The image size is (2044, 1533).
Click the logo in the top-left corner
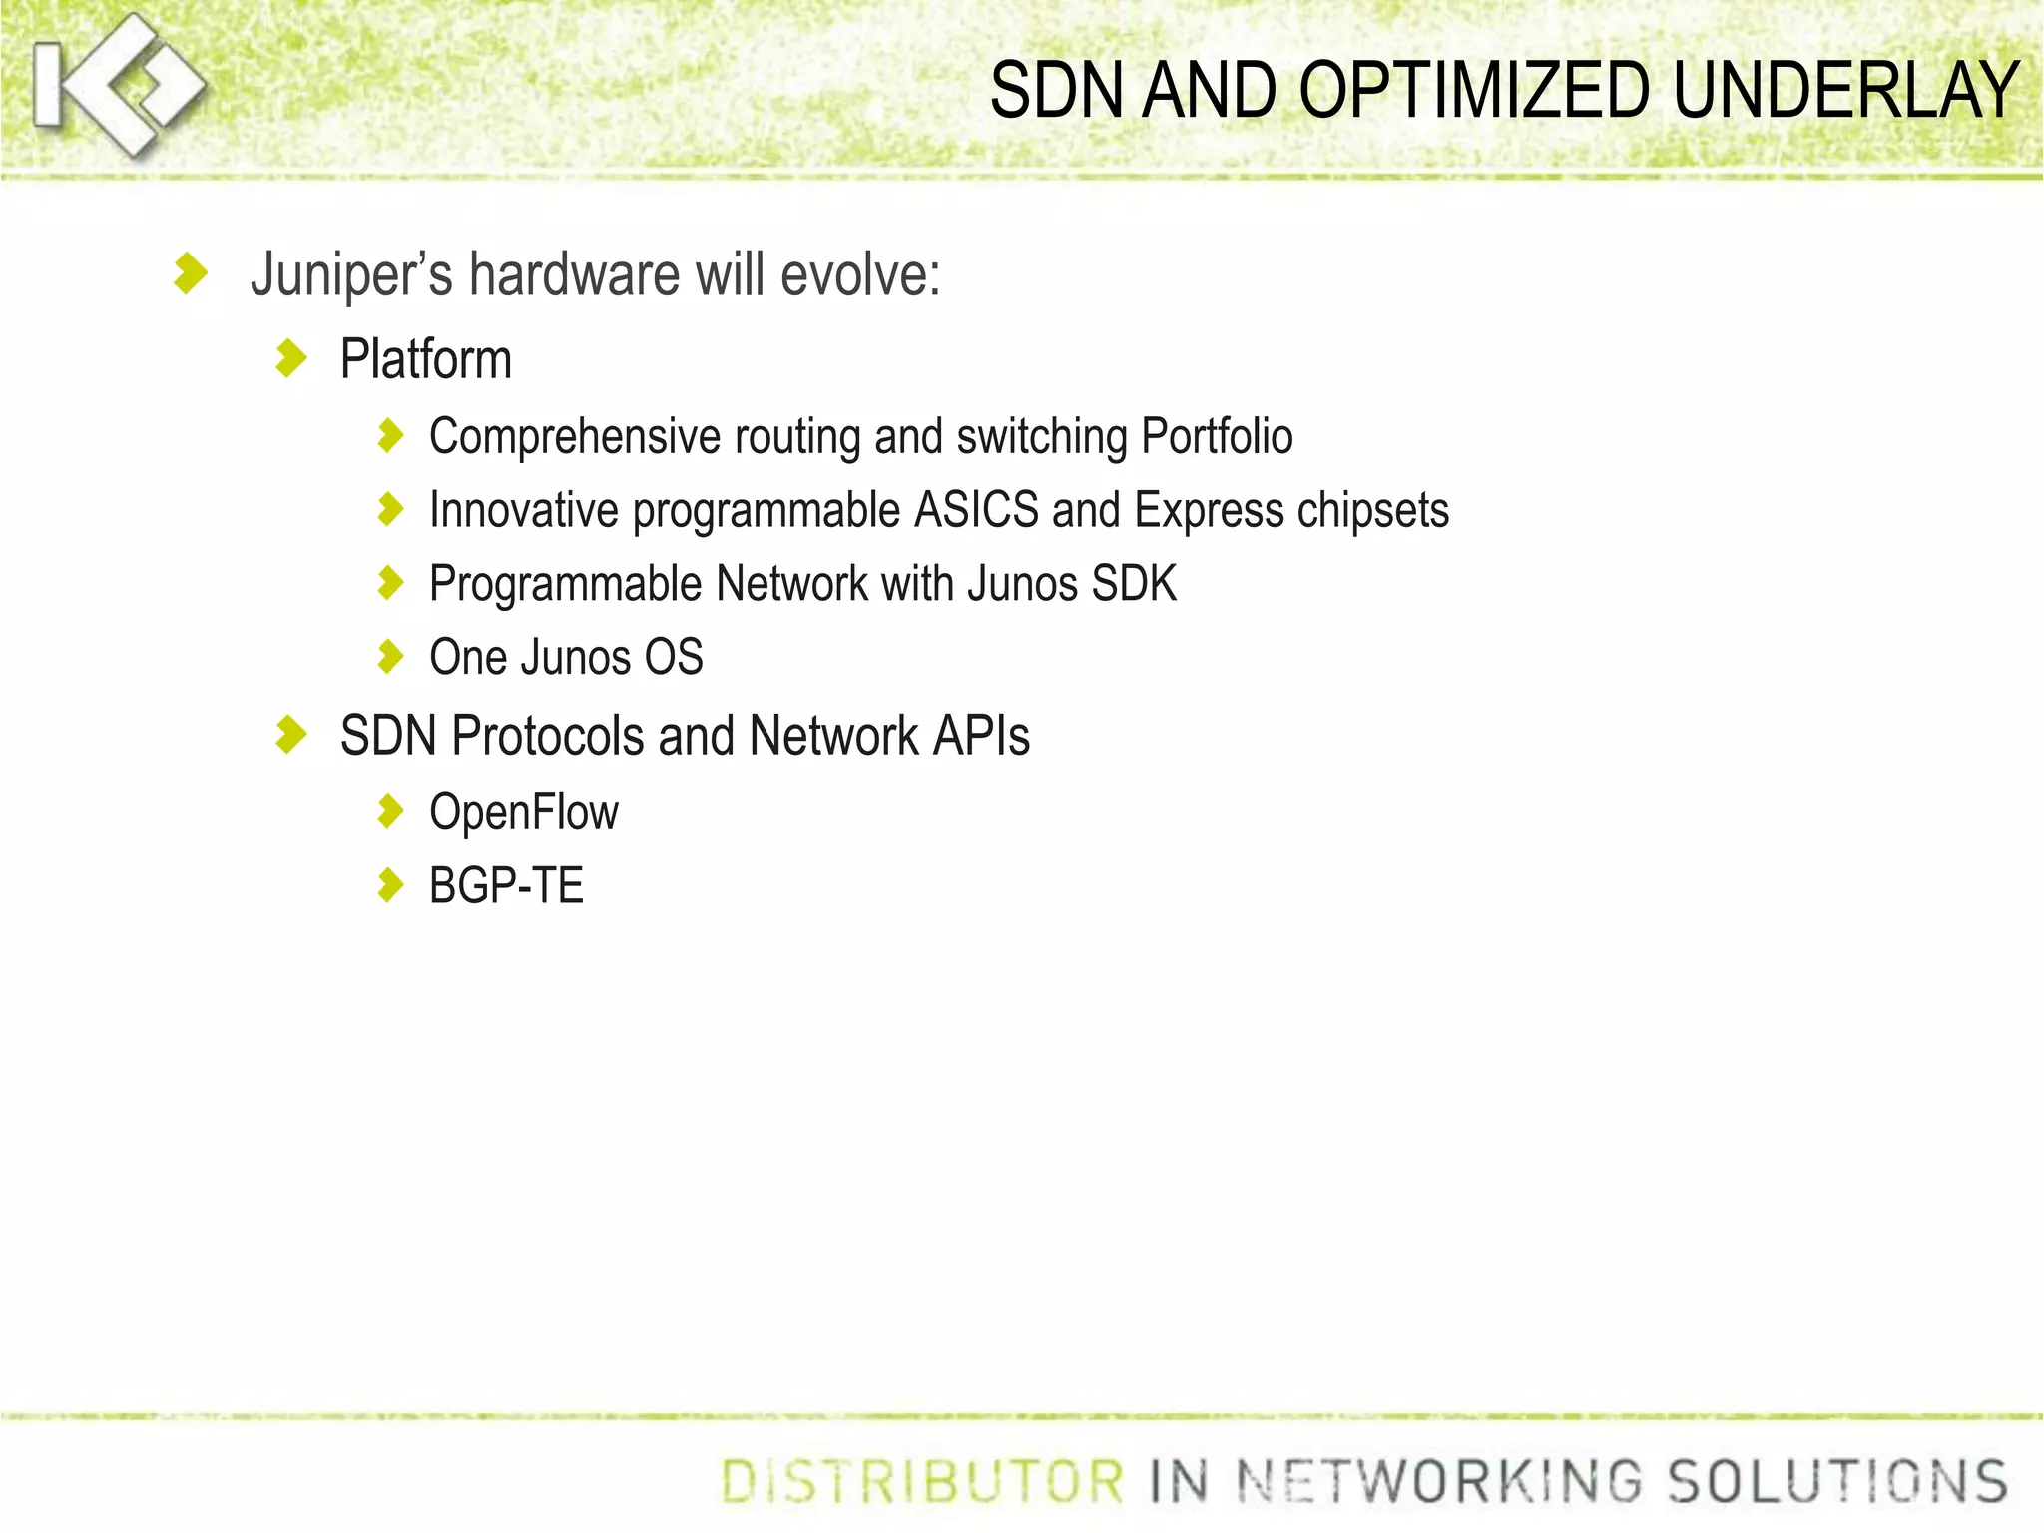(x=118, y=86)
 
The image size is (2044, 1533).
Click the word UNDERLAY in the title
(x=1845, y=91)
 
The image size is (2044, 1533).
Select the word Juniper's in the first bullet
(x=351, y=274)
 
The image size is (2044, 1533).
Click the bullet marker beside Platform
(x=290, y=358)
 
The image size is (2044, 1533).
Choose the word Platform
(x=426, y=359)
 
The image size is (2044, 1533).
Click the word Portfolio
(x=1217, y=436)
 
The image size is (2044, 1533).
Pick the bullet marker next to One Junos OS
(x=390, y=657)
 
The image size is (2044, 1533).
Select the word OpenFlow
(x=524, y=812)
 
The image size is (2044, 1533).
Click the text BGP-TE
(x=506, y=885)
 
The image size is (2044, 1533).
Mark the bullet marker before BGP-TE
(x=390, y=884)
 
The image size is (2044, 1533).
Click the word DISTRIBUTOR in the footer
(x=922, y=1481)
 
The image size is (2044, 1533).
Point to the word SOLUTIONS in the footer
(x=1837, y=1481)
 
